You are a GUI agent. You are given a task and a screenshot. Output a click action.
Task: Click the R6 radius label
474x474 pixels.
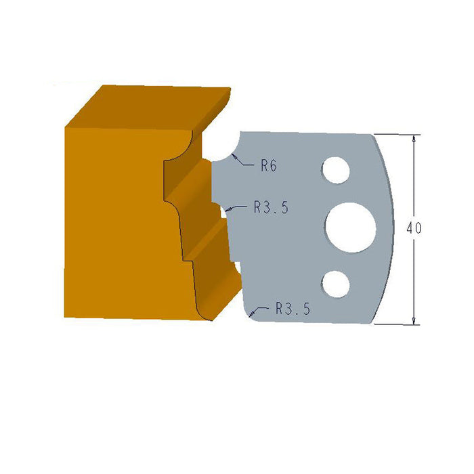[269, 165]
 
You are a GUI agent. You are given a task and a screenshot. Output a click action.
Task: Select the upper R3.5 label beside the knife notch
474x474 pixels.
[271, 209]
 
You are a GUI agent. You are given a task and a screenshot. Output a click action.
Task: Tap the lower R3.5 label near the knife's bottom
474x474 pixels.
[293, 309]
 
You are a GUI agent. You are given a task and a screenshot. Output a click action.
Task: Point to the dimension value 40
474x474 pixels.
[414, 228]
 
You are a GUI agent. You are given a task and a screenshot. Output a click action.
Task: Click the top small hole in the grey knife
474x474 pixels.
[335, 170]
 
